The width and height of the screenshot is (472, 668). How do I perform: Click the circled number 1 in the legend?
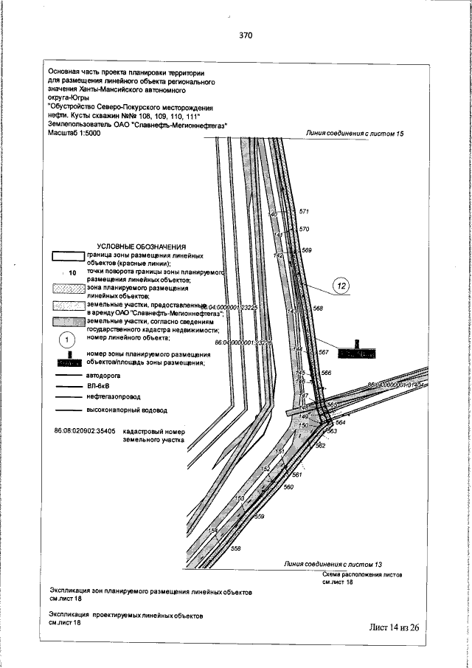click(x=66, y=339)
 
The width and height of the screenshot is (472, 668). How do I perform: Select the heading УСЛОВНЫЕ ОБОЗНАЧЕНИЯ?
click(x=142, y=247)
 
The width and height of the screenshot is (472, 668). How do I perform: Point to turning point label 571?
click(x=303, y=212)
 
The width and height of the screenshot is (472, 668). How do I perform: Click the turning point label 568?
click(x=318, y=308)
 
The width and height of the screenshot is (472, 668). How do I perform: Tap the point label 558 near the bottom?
click(x=236, y=548)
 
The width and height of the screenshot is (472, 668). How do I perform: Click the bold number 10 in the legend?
click(x=72, y=272)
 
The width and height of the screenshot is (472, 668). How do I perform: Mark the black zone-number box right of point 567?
click(x=355, y=354)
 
